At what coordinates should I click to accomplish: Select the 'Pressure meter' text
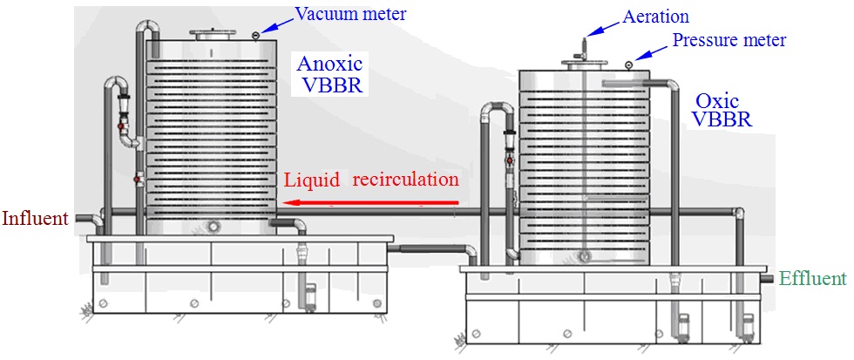729,40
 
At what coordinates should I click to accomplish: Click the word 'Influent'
35,218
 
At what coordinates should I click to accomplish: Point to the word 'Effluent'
812,279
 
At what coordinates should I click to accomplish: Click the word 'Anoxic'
329,65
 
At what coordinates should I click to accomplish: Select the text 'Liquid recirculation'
369,180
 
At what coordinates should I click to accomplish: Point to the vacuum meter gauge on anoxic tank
254,35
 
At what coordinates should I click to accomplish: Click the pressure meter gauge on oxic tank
628,63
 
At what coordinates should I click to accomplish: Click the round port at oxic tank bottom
585,256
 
